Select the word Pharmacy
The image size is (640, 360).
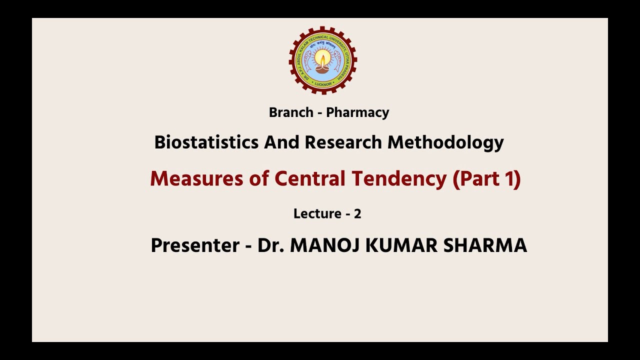point(357,112)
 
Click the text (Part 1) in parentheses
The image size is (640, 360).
point(486,179)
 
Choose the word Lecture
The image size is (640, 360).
point(317,214)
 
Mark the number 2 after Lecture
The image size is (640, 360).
point(357,214)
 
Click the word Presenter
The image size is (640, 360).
point(195,245)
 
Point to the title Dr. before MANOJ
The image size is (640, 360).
point(270,245)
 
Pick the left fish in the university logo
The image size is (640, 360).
point(305,60)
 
